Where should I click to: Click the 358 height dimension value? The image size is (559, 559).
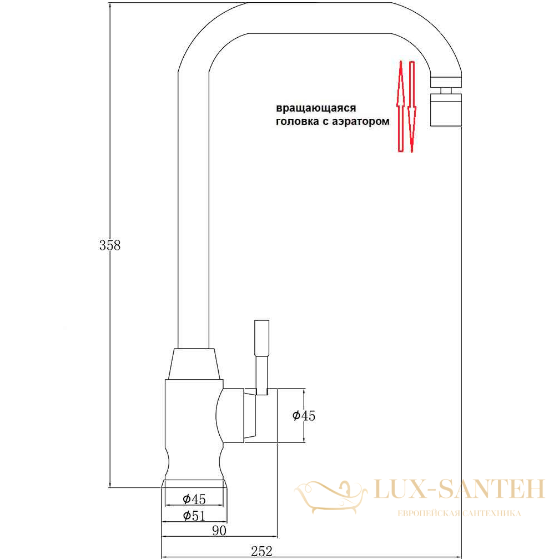pos(110,245)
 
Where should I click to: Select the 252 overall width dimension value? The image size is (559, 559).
pos(261,551)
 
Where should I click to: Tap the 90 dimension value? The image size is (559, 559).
pos(219,531)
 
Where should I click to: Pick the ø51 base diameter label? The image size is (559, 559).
pos(194,516)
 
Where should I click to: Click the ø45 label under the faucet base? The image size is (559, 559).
pos(194,498)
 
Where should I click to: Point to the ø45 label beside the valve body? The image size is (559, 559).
pos(304,415)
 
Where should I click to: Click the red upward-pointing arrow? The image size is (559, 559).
pos(401,106)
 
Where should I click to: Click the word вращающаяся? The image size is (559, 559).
pos(316,108)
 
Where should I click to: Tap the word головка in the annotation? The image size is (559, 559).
pos(298,122)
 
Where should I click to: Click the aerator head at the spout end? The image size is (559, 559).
pos(446,110)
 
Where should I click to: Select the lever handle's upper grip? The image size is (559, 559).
pos(261,338)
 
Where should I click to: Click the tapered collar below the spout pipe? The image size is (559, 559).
pos(194,364)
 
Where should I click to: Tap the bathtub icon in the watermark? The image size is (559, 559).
pos(330,496)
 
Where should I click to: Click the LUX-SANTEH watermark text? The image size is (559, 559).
pos(460,489)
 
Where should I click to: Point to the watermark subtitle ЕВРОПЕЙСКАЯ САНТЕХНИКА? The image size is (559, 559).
pos(459,513)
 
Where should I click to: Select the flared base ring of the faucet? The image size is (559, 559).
pos(194,484)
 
